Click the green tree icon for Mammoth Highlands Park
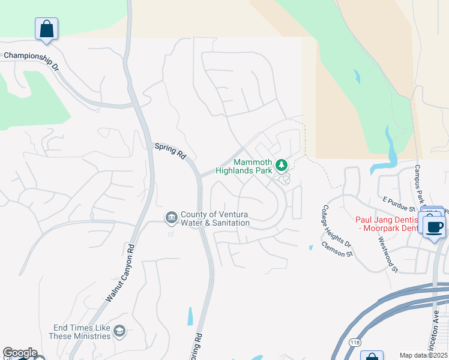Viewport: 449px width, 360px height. pyautogui.click(x=282, y=164)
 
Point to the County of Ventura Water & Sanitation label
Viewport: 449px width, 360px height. pyautogui.click(x=215, y=218)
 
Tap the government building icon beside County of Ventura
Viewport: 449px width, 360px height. pyautogui.click(x=171, y=217)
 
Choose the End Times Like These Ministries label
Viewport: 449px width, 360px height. pyautogui.click(x=82, y=332)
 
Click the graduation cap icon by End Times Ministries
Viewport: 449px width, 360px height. pyautogui.click(x=119, y=331)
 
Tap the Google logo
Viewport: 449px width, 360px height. pyautogui.click(x=20, y=353)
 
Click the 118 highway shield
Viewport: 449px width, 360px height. pyautogui.click(x=355, y=342)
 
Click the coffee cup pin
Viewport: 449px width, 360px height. pyautogui.click(x=435, y=227)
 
